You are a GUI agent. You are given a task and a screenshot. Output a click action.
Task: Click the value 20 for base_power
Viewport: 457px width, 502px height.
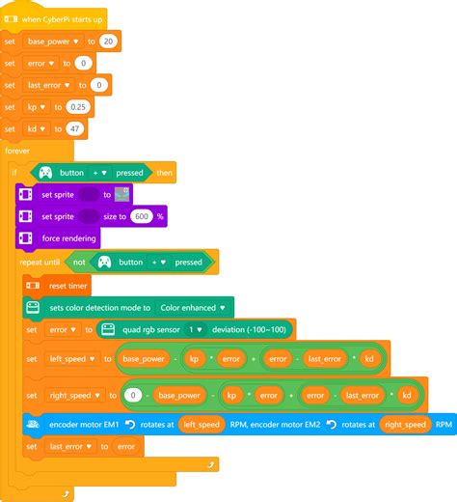tap(108, 42)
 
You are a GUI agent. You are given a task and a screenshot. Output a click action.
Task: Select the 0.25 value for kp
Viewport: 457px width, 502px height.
tap(78, 107)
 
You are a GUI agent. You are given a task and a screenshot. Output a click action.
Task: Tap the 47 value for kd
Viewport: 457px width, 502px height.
tap(74, 128)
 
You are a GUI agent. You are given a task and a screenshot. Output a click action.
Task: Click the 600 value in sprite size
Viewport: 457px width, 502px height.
tap(142, 216)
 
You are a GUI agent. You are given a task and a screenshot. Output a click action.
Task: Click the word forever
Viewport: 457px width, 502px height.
tap(17, 151)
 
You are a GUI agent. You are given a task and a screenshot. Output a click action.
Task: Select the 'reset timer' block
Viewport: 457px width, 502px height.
tap(57, 286)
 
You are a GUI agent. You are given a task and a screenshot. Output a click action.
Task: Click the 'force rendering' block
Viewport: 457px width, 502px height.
tap(58, 238)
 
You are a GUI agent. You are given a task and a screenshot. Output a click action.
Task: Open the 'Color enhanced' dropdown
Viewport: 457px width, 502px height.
tap(193, 308)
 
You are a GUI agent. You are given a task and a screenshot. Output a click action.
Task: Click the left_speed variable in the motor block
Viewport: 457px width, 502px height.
tap(202, 425)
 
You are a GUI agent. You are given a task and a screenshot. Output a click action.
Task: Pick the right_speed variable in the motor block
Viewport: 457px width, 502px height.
tap(405, 425)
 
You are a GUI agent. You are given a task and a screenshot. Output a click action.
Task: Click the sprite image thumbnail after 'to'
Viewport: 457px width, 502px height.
tap(122, 194)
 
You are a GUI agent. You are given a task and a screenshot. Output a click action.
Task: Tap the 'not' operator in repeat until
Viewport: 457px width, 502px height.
tap(79, 263)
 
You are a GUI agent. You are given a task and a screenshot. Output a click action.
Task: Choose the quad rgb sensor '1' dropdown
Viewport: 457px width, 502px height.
tap(195, 329)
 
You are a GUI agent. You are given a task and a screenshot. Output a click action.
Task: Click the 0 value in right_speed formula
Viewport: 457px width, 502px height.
tap(133, 395)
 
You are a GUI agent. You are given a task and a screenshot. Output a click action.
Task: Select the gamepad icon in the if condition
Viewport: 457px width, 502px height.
tap(45, 173)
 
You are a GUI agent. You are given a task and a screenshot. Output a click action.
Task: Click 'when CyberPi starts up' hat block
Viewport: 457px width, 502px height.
tap(54, 19)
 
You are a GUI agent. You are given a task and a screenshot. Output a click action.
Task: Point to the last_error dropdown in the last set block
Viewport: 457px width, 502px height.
tap(70, 446)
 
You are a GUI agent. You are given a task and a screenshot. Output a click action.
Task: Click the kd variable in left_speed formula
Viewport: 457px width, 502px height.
tap(369, 359)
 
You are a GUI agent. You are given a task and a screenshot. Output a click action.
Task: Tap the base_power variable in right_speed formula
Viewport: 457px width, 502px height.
tap(179, 395)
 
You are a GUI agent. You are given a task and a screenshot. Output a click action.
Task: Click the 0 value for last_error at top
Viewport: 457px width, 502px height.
tap(99, 85)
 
